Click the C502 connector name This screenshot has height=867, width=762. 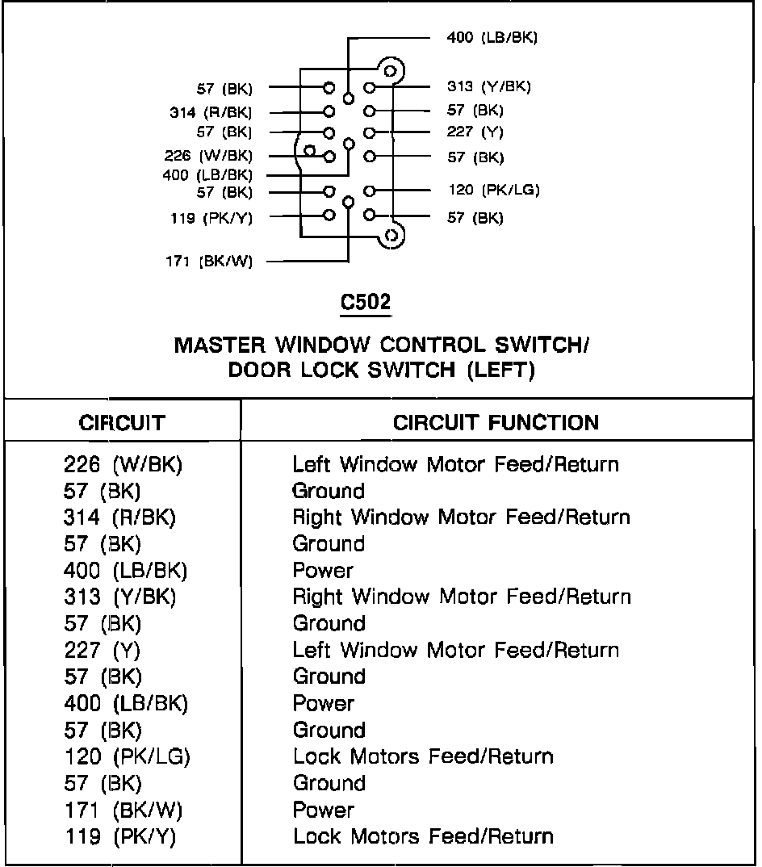pos(365,303)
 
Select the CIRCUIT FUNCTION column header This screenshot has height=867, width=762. pos(496,422)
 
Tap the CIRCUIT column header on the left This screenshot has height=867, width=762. pos(122,422)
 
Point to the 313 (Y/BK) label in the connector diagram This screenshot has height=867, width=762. pos(489,87)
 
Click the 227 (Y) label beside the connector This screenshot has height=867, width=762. pos(475,132)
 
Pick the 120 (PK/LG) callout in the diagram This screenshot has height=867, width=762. pos(493,191)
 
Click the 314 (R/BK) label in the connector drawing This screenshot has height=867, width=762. pos(211,113)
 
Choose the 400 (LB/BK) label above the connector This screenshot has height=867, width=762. pos(492,37)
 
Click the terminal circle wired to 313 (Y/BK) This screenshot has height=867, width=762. pos(370,87)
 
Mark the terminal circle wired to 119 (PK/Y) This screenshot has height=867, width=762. pos(329,215)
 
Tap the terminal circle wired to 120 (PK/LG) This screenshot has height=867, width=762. pos(370,191)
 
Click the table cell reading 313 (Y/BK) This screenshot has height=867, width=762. pos(119,597)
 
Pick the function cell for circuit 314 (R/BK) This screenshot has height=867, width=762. pos(461,517)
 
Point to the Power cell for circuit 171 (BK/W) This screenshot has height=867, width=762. pos(323,810)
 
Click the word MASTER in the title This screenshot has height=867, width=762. pos(220,346)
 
